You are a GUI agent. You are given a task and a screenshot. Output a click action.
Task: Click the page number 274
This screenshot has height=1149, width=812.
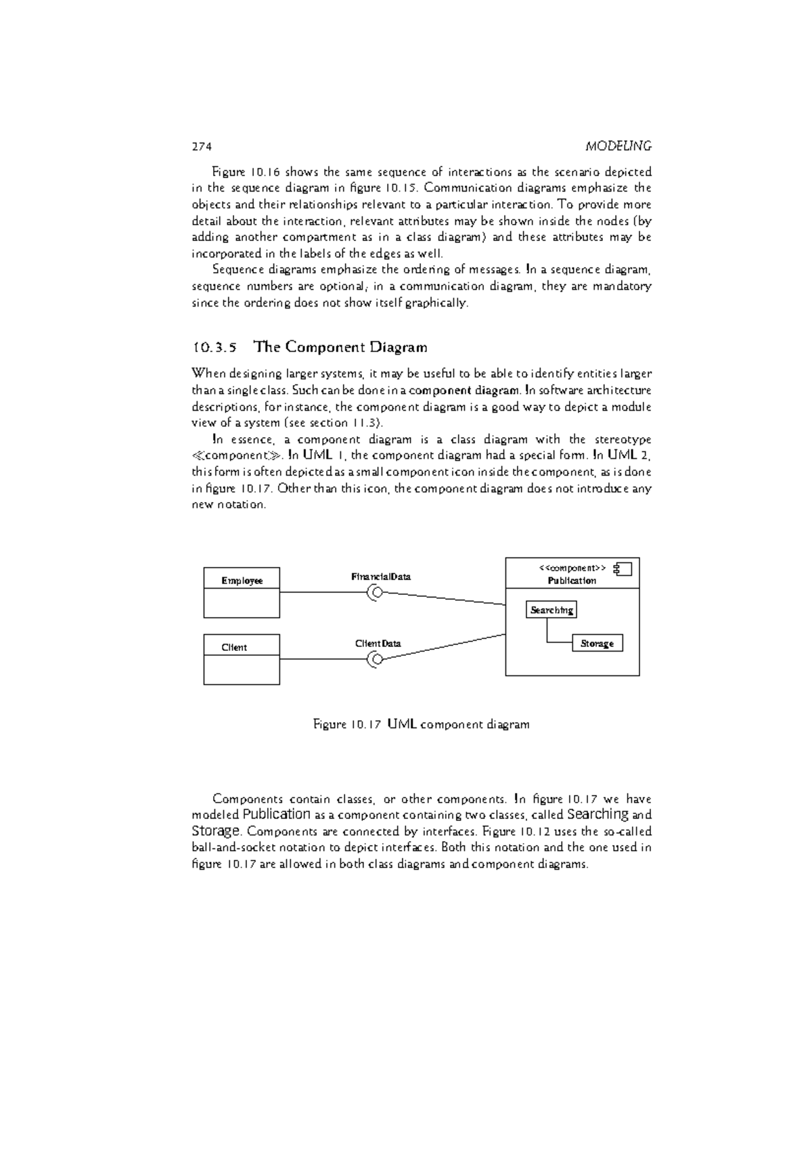(x=202, y=146)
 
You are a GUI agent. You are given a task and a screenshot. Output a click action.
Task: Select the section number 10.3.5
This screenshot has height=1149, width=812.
(x=215, y=348)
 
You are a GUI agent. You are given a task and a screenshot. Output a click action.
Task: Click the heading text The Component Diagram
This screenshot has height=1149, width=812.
(x=340, y=347)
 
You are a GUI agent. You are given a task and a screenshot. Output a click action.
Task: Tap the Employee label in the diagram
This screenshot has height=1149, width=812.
(x=242, y=581)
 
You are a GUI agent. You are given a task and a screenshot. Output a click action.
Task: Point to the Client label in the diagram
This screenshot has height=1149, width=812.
(x=234, y=647)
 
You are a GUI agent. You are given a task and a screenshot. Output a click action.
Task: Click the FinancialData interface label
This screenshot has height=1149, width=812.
(x=380, y=577)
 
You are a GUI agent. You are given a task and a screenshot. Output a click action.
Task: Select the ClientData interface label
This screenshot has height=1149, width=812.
(x=378, y=643)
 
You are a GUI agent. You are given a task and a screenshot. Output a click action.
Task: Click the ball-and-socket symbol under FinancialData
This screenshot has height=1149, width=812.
(x=374, y=593)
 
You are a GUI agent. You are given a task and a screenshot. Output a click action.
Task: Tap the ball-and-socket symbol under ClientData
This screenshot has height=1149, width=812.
(x=374, y=659)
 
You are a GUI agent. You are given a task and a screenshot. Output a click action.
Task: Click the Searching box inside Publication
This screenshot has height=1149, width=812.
(x=551, y=610)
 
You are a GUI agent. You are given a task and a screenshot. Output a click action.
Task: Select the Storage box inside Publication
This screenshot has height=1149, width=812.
(x=597, y=644)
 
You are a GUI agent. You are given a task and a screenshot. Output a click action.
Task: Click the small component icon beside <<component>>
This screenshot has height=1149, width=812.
(x=622, y=568)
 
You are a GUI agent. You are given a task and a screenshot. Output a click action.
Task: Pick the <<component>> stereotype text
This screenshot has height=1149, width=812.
(x=572, y=568)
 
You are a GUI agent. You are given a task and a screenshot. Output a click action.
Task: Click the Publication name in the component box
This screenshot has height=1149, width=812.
(x=572, y=581)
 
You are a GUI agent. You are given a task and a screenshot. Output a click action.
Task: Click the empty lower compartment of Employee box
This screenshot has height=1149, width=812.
(x=242, y=603)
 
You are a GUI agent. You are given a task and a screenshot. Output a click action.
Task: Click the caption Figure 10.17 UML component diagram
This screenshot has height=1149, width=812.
(x=421, y=725)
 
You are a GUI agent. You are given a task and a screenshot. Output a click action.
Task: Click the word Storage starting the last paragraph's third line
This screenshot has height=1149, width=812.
(x=216, y=831)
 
